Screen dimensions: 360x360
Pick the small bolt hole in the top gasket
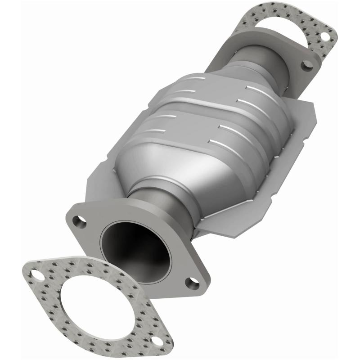(323, 35)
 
